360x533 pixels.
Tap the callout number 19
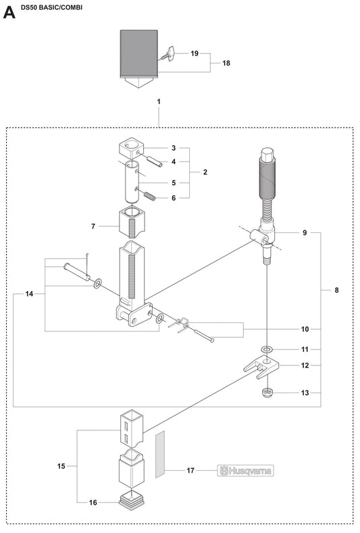(x=195, y=53)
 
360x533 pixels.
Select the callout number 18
(x=226, y=63)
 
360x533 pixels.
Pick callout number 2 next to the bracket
(x=205, y=172)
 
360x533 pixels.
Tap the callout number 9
(x=305, y=232)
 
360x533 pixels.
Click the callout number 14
(x=29, y=294)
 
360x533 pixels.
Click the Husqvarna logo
(x=247, y=472)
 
